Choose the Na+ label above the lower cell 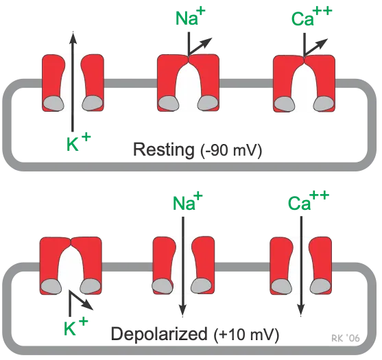coord(183,204)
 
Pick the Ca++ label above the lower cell coord(298,203)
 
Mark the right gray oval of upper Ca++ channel coord(322,102)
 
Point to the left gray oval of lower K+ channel coord(53,285)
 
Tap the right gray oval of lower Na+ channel coord(201,285)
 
